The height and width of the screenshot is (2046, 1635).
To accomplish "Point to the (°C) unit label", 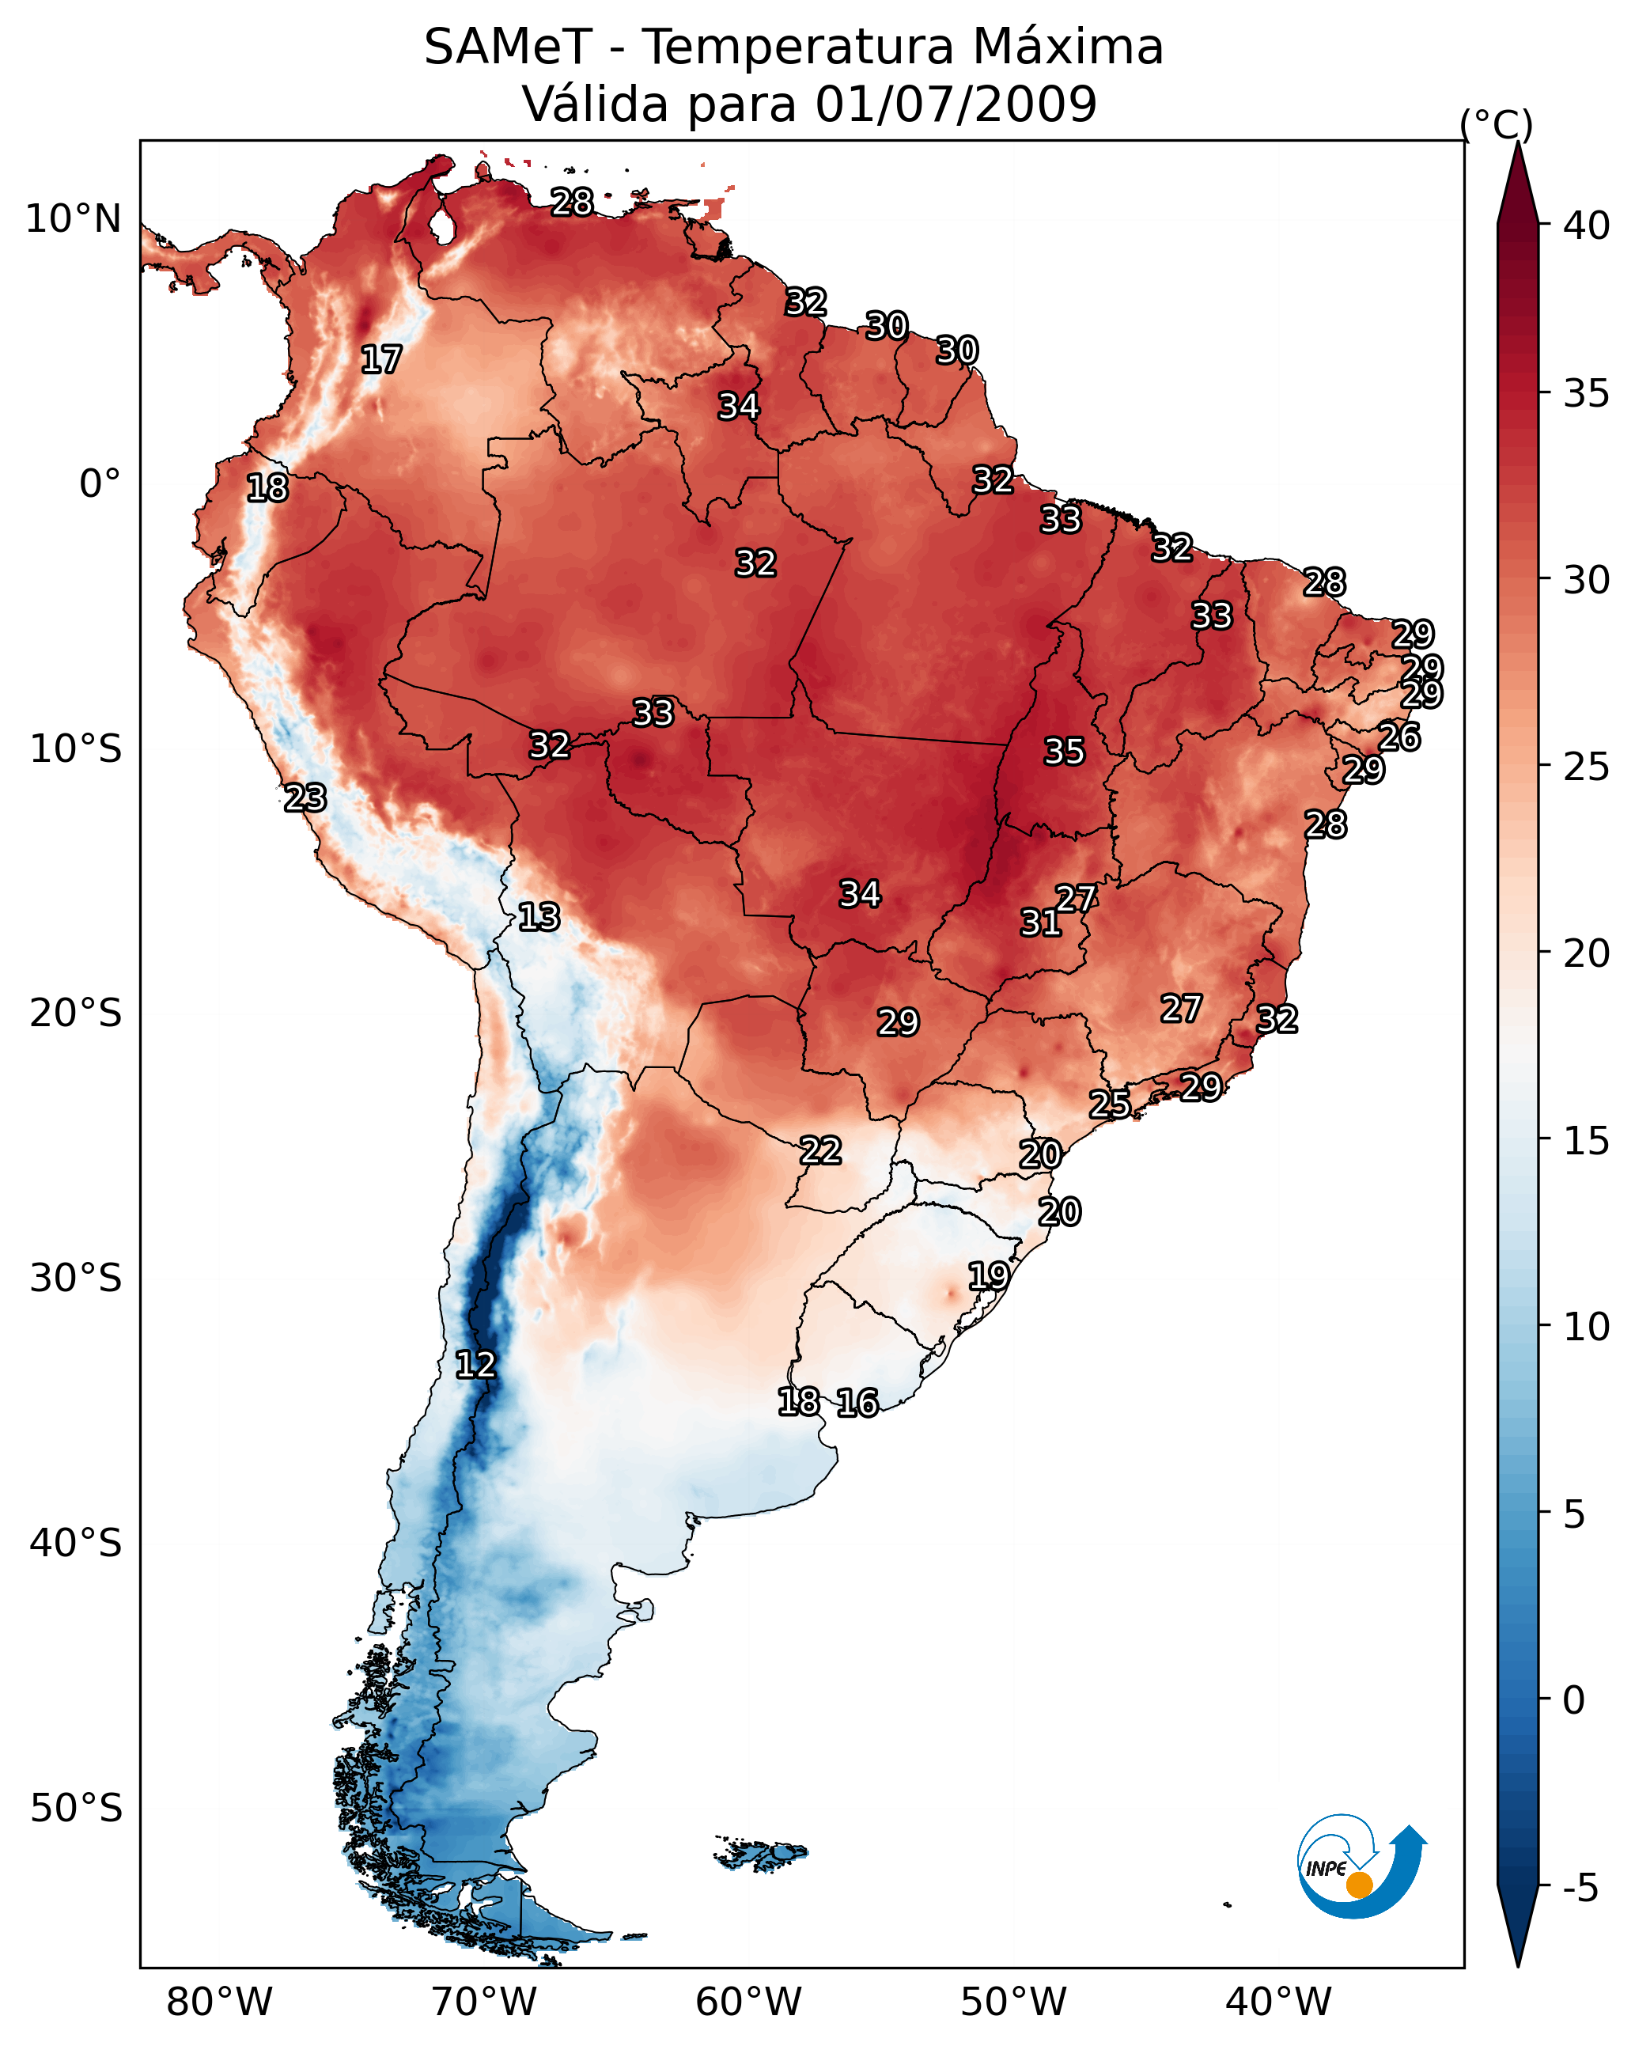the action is coord(1497,124).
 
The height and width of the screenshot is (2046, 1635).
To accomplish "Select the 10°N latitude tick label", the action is coord(73,219).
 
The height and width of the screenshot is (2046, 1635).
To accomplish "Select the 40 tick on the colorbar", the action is coord(1587,225).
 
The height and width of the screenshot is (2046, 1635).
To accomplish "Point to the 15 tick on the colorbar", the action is coord(1587,1141).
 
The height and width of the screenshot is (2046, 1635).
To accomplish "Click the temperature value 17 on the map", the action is coord(381,360).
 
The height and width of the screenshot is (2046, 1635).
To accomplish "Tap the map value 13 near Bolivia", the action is coord(539,917).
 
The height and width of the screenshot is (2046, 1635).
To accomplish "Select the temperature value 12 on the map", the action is coord(475,1365).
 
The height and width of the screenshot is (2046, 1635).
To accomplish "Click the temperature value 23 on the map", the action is coord(305,798).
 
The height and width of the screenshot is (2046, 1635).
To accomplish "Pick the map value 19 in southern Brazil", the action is coord(989,1275).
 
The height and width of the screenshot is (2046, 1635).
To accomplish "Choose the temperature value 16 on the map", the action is coord(857,1403).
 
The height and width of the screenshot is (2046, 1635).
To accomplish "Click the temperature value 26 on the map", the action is coord(1399,737).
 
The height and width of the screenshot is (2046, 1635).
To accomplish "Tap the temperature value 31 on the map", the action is coord(1041,923).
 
